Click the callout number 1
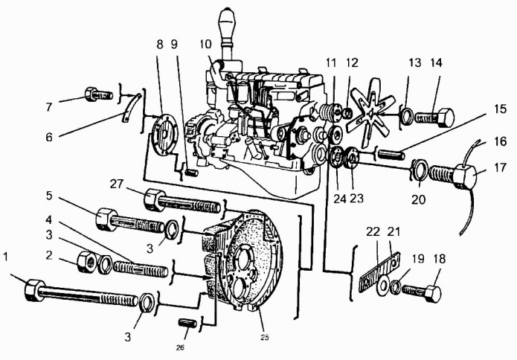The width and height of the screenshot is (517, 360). tap(7, 258)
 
